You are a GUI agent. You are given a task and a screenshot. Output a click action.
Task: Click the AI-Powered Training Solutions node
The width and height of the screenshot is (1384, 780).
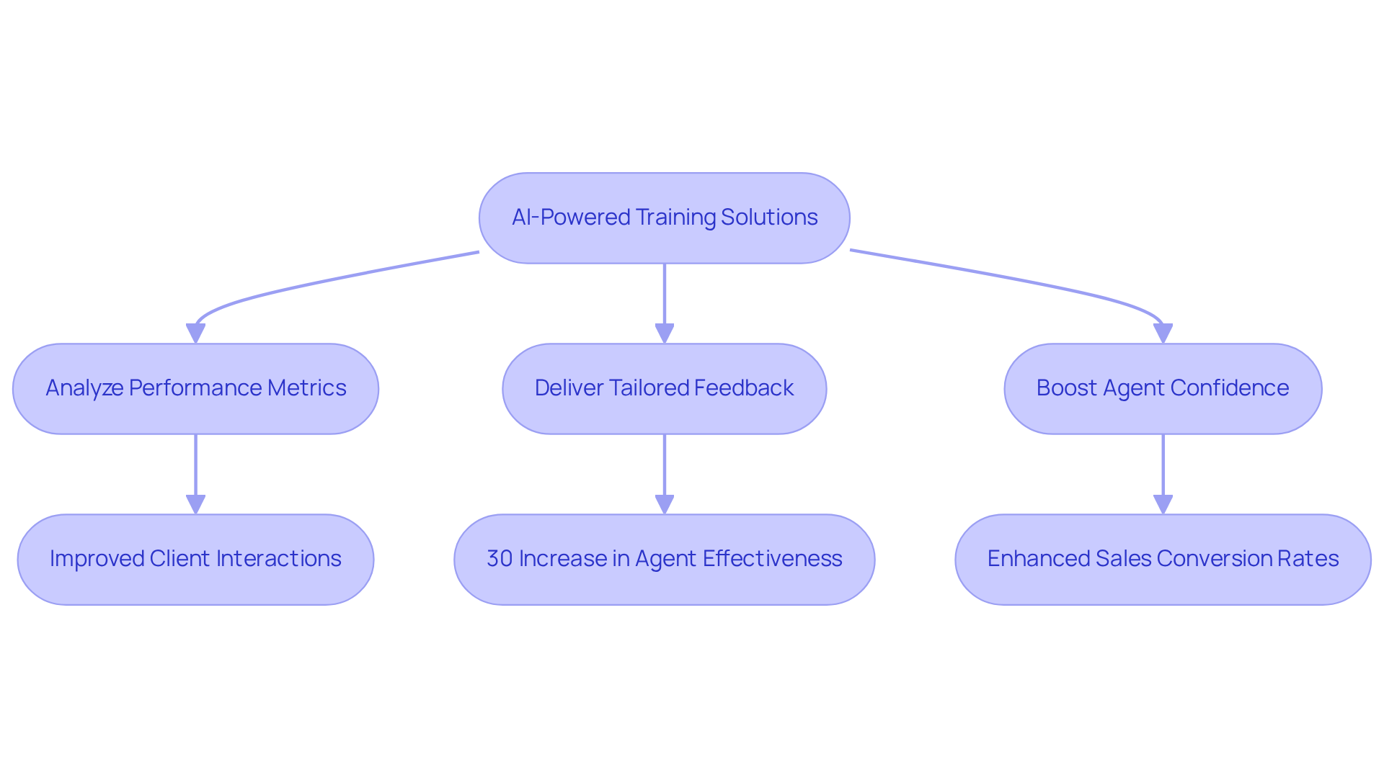click(x=664, y=218)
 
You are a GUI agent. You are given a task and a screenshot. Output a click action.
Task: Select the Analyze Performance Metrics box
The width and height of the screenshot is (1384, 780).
click(x=195, y=388)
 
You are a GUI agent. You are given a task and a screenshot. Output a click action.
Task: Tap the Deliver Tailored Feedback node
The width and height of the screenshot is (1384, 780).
click(x=664, y=388)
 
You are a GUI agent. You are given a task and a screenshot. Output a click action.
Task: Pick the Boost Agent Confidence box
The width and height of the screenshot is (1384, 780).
click(x=1163, y=388)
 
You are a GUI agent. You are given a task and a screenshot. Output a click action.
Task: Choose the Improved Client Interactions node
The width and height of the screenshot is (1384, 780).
click(x=195, y=559)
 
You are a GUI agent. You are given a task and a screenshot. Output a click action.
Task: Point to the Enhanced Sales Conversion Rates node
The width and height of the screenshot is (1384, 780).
click(x=1163, y=559)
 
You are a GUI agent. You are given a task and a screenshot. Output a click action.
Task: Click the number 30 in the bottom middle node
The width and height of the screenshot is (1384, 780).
click(x=500, y=559)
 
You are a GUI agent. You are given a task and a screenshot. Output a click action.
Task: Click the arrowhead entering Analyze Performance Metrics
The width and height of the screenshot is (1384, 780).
click(x=195, y=333)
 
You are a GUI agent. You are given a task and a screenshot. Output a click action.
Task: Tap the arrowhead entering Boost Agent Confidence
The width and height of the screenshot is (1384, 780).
click(x=1163, y=333)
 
